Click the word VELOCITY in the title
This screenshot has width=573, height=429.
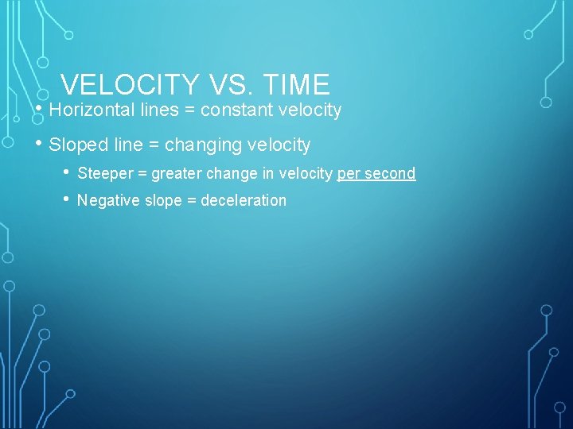coord(130,85)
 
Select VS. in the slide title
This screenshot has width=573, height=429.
coord(225,85)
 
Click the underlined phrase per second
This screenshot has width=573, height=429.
coord(376,173)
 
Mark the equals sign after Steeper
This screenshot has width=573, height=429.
coord(142,173)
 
